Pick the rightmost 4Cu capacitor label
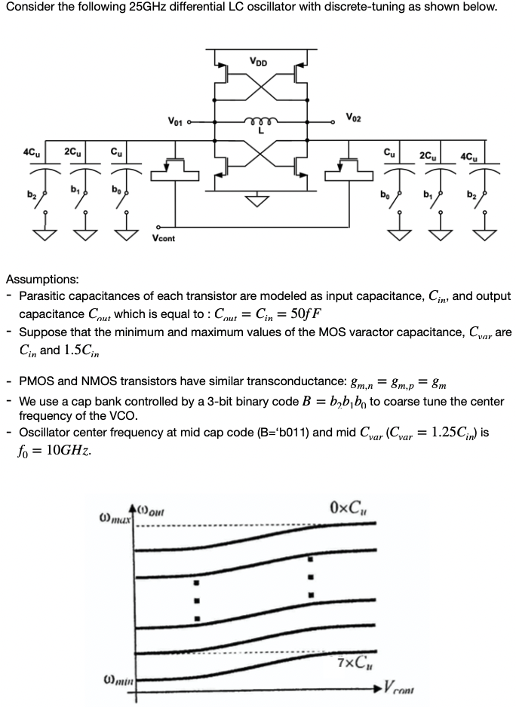point(475,157)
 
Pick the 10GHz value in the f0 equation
point(69,454)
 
